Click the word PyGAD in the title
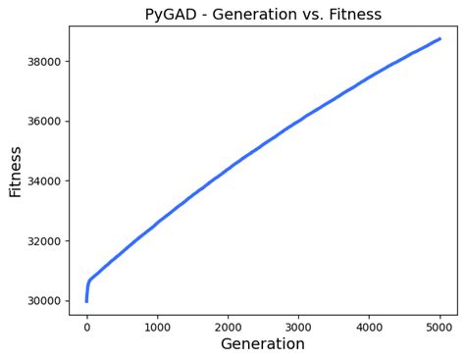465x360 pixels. point(170,15)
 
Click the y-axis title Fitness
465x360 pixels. point(16,172)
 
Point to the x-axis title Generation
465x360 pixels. point(263,344)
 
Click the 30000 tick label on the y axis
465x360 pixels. point(39,301)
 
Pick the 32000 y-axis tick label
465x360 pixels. point(39,241)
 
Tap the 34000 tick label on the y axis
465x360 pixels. point(39,181)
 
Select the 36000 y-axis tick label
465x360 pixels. point(39,122)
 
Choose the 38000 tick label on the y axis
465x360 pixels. point(39,62)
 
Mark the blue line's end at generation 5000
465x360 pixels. point(439,39)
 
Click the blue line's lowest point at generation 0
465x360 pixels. point(86,300)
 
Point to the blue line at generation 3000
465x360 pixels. point(298,121)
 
